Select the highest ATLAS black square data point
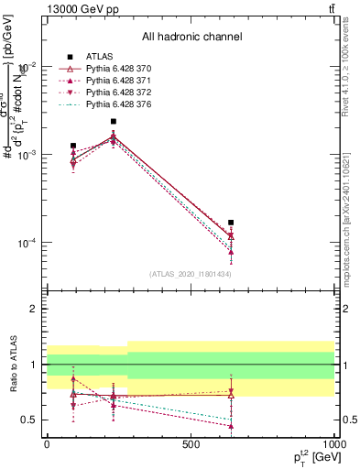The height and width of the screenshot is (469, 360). pos(114,121)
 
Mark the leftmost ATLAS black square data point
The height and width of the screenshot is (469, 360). pos(73,146)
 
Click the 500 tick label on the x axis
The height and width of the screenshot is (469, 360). pos(191,443)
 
